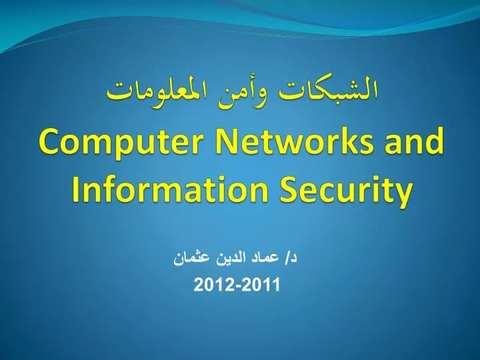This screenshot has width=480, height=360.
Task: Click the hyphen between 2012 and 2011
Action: (x=238, y=286)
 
